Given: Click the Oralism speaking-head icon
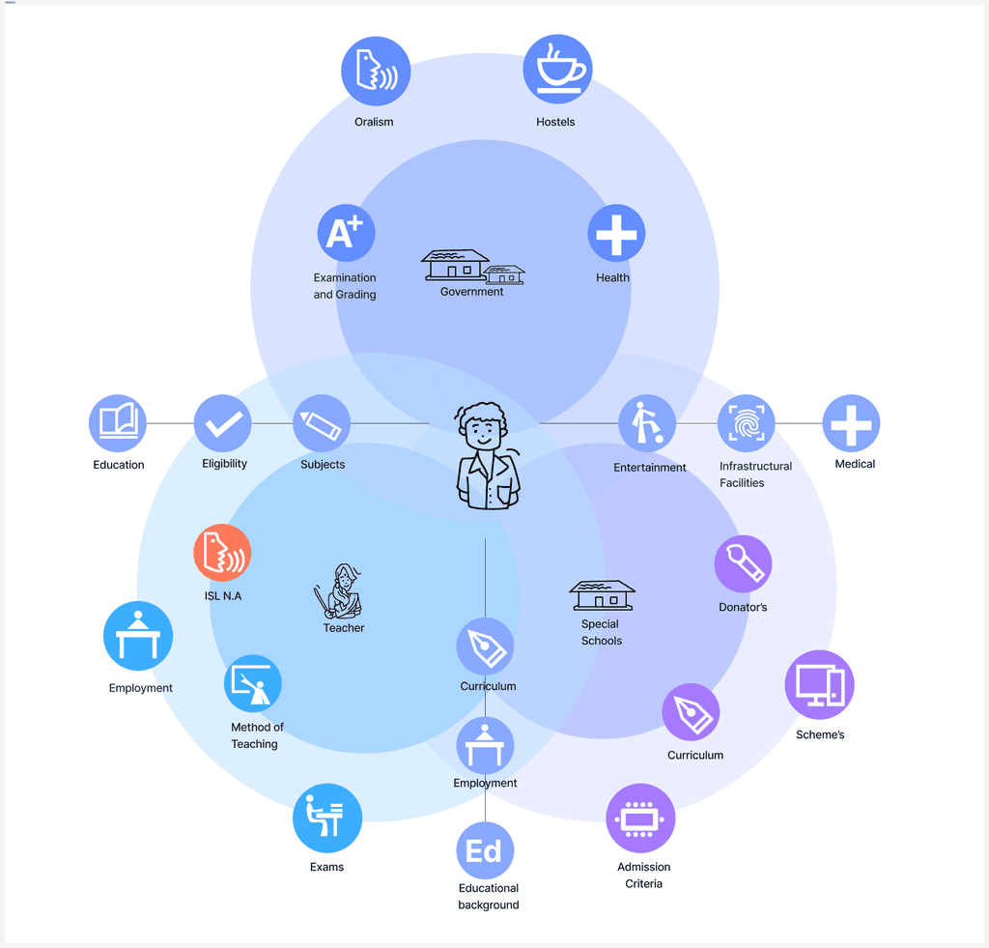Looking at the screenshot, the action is coord(376,72).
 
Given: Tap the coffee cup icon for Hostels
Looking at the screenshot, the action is coord(557,70).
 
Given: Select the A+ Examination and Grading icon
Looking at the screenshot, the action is coord(346,233).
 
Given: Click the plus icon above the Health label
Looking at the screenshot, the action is coord(616,233).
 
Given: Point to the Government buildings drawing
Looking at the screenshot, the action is coord(472,267).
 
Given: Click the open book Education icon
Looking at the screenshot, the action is coord(118,423).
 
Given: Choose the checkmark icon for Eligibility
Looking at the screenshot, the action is coord(223,423).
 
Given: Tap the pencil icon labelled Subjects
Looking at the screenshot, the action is coord(322,423).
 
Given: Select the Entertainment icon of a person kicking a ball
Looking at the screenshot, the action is coord(647,423).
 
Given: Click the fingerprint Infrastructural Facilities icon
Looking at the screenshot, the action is coord(747,423).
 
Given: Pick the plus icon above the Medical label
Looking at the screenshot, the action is coord(851,423).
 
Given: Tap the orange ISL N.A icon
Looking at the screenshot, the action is coord(222,554).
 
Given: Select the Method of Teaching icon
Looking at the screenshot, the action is coord(253,684).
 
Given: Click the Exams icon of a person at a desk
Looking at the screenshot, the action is coord(327,819).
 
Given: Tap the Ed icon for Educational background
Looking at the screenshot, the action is coord(485,851).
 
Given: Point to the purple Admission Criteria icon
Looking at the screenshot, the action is coord(640,819).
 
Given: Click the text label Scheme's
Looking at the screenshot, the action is coord(820,735).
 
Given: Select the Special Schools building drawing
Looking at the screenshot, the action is coord(602,594).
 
